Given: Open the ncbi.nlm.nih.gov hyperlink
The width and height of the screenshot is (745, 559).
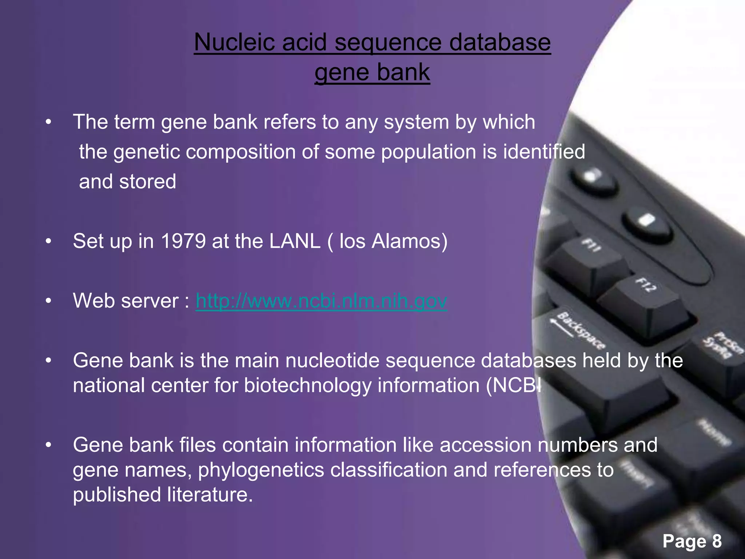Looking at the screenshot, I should point(321,301).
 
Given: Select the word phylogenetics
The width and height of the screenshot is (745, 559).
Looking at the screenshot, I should point(261,470).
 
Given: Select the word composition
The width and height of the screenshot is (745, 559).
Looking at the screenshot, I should point(240,152).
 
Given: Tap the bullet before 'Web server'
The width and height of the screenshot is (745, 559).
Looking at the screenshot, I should point(48,301).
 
